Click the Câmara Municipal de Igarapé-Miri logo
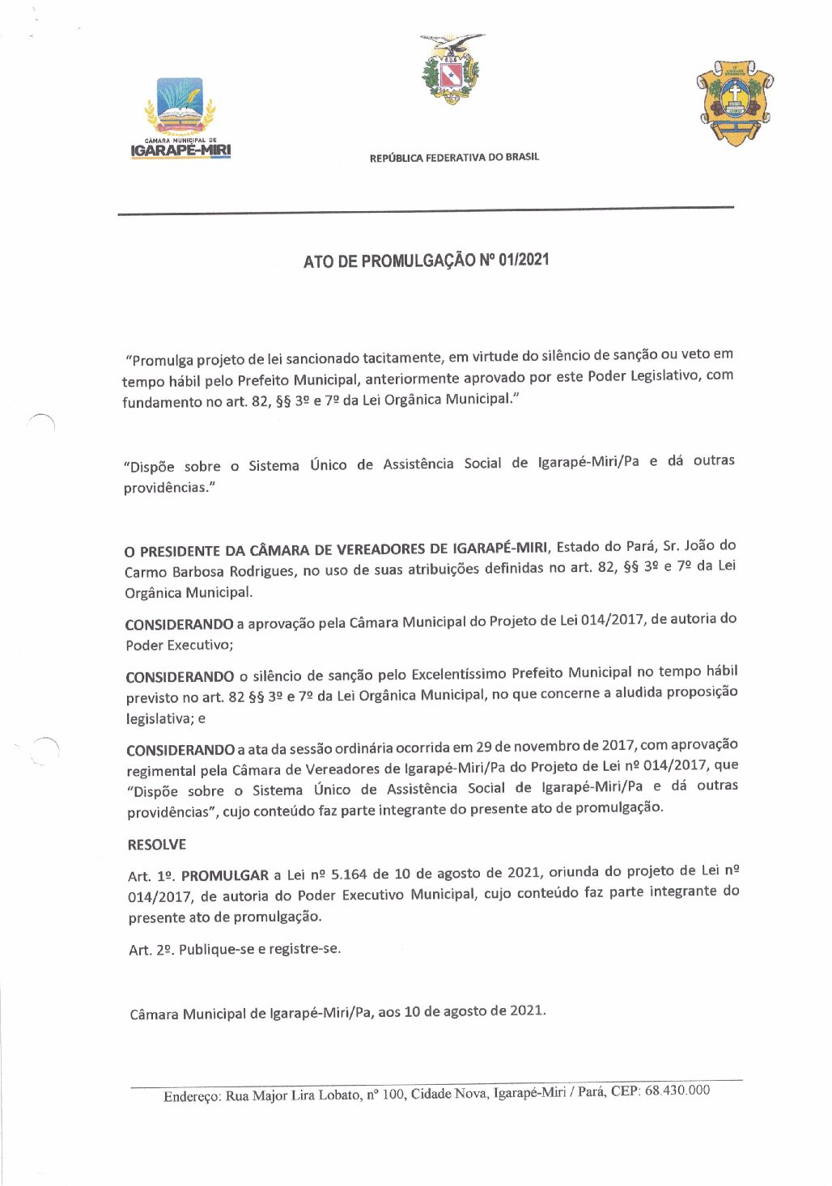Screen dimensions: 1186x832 pos(180,118)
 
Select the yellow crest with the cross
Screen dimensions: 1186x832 pos(735,102)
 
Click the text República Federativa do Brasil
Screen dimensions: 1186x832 pos(454,158)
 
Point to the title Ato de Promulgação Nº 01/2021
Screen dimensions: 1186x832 pos(427,260)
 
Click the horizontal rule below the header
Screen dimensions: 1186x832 pos(426,211)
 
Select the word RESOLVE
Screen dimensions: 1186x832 pos(157,845)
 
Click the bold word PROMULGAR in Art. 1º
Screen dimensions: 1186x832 pos(225,875)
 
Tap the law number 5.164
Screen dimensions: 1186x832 pos(349,875)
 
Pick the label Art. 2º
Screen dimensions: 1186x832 pos(151,950)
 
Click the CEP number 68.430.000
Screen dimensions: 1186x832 pos(677,1091)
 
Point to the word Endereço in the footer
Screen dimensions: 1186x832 pos(192,1097)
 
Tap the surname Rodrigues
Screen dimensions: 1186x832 pos(264,571)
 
